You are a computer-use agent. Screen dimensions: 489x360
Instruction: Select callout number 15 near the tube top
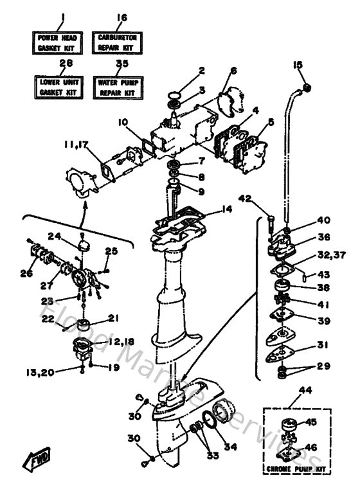pyautogui.click(x=297, y=66)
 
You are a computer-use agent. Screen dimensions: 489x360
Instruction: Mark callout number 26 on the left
pyautogui.click(x=26, y=274)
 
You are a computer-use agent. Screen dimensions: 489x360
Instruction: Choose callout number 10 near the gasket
pyautogui.click(x=123, y=121)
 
